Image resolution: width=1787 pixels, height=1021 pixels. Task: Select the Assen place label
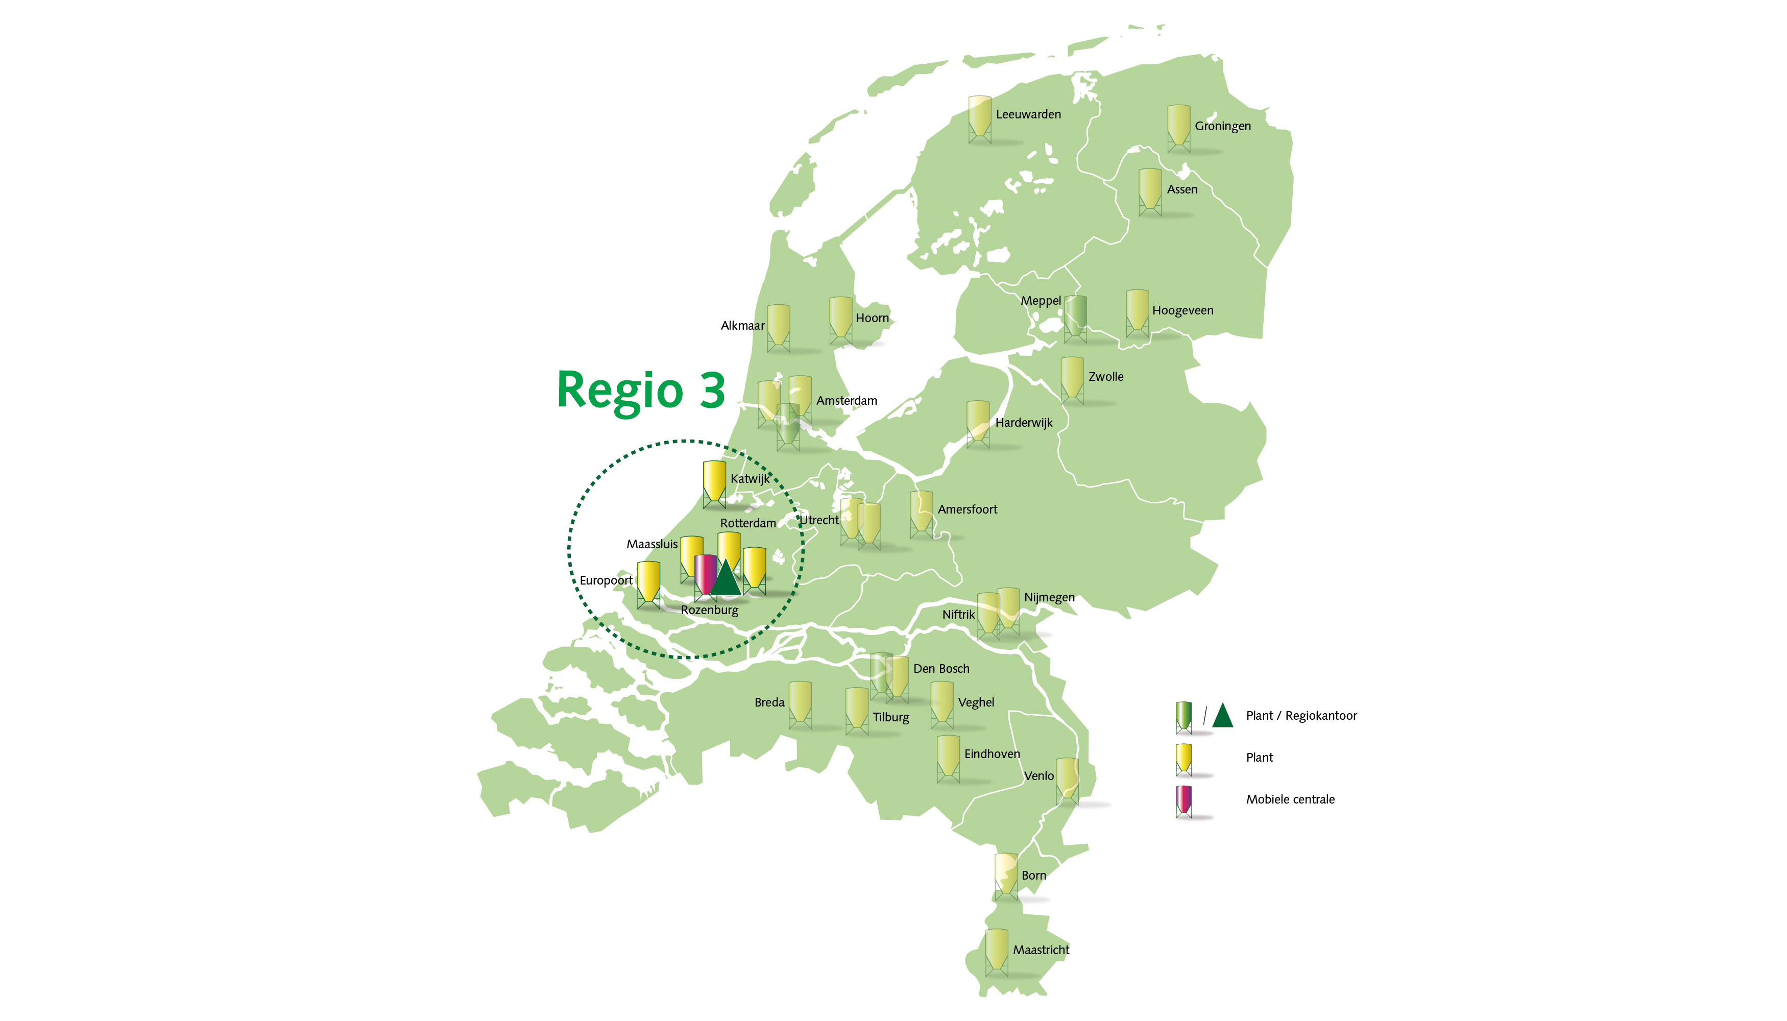[1182, 189]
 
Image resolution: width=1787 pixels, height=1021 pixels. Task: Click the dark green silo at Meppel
[1075, 317]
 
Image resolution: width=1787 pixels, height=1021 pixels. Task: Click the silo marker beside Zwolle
[1072, 379]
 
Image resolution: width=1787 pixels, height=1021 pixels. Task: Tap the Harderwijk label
[1023, 422]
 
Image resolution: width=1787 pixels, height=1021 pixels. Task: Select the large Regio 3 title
[640, 390]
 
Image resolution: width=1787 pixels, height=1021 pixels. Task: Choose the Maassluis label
[651, 544]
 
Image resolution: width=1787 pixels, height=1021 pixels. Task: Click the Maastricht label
[1041, 950]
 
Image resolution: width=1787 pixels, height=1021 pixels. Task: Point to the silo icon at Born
[1006, 875]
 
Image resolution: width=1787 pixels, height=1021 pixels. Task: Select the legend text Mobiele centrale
[1290, 799]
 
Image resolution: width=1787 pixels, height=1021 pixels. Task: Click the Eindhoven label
[992, 754]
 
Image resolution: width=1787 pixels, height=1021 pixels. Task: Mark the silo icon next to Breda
[800, 703]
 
